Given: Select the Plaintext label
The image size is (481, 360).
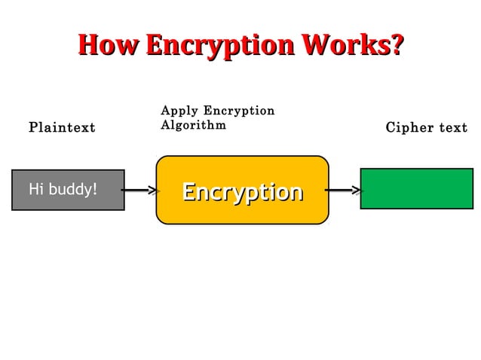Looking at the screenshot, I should [x=62, y=127].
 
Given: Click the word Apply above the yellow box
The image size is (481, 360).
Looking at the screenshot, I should [x=179, y=111].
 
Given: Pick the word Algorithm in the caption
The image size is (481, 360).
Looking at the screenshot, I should [x=193, y=125].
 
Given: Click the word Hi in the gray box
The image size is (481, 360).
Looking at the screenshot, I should [x=35, y=189].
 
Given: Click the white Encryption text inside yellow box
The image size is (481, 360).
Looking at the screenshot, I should [x=242, y=192].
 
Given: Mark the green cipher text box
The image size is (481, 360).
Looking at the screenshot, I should [x=416, y=188].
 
